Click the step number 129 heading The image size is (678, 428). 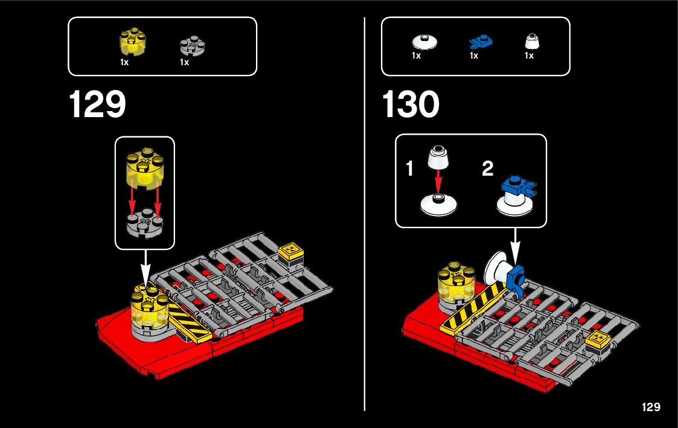97,104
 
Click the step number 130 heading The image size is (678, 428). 411,104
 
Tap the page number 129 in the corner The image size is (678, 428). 651,407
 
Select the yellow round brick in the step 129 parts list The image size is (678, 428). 133,42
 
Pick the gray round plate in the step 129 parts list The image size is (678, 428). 193,45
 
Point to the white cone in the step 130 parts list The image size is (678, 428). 531,41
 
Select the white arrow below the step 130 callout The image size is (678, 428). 515,244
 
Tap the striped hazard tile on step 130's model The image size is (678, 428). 472,307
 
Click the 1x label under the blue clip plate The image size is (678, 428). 474,56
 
